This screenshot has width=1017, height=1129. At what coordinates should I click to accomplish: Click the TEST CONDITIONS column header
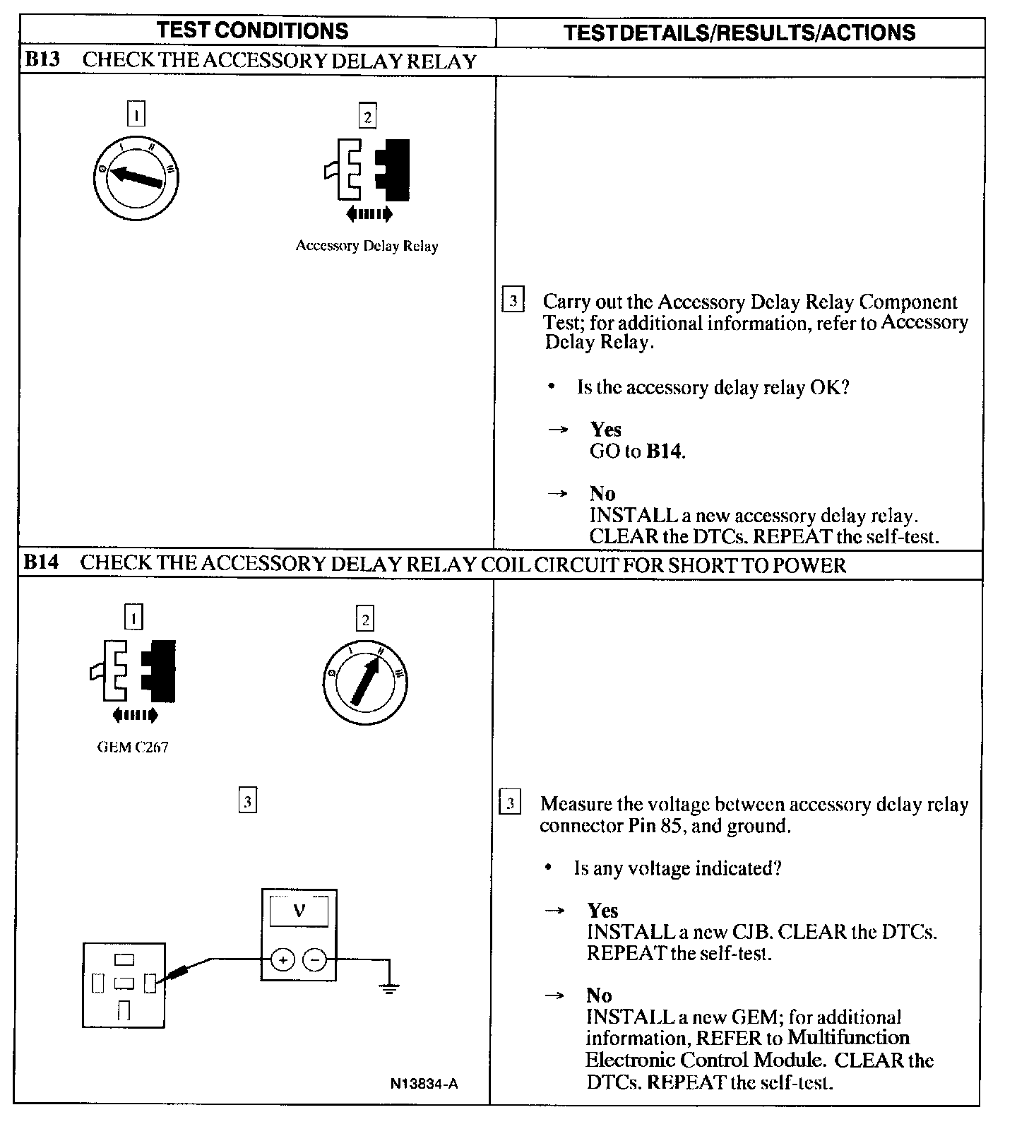pyautogui.click(x=253, y=31)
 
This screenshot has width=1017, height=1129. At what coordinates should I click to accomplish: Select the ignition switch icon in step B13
pyautogui.click(x=136, y=176)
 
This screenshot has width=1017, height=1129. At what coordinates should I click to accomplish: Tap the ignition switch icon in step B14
pyautogui.click(x=365, y=682)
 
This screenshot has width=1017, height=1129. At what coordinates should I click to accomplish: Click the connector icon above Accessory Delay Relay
pyautogui.click(x=367, y=170)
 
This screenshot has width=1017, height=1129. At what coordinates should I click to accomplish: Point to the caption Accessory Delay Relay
pyautogui.click(x=367, y=246)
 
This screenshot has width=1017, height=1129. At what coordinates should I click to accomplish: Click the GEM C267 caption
pyautogui.click(x=133, y=747)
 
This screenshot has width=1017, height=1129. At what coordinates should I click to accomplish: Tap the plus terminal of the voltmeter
pyautogui.click(x=282, y=960)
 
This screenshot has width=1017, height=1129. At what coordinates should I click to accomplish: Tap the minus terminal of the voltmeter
pyautogui.click(x=315, y=960)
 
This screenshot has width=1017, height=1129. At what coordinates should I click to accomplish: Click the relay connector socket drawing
pyautogui.click(x=124, y=985)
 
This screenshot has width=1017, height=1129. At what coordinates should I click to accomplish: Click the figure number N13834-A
pyautogui.click(x=424, y=1083)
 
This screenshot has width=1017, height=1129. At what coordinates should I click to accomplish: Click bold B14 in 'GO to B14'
pyautogui.click(x=665, y=451)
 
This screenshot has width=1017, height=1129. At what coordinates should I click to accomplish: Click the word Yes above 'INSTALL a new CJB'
pyautogui.click(x=602, y=911)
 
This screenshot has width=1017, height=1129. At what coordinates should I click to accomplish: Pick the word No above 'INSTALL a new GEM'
pyautogui.click(x=599, y=995)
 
